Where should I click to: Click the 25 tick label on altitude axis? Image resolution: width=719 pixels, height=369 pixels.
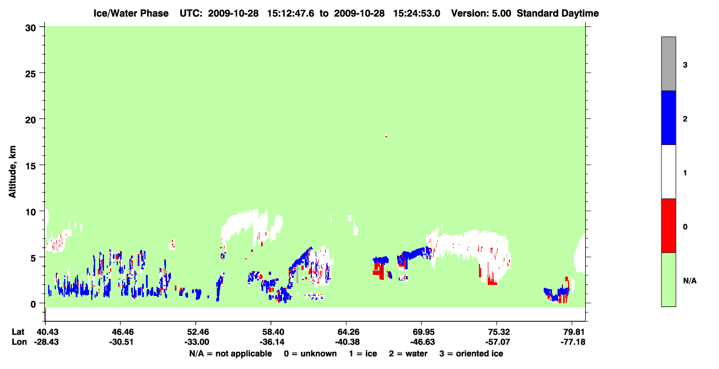(30, 74)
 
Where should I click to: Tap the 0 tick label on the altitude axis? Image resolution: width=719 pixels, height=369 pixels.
(33, 304)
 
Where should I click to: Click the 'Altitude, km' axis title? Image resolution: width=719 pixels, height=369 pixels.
(12, 172)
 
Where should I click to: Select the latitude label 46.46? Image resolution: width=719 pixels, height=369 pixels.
(121, 332)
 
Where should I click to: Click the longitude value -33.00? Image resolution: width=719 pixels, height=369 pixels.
(197, 342)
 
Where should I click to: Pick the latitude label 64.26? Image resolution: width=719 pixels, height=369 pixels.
(347, 332)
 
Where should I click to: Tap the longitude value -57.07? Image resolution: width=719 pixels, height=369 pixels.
(498, 342)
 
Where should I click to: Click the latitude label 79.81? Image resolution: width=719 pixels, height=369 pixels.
(573, 332)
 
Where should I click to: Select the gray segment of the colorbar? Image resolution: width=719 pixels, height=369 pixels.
(669, 64)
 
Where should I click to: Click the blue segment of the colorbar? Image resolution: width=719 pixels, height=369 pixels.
(669, 117)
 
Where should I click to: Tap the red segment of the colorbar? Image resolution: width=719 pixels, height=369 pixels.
(669, 226)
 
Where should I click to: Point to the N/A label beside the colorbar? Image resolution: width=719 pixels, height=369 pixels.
(690, 281)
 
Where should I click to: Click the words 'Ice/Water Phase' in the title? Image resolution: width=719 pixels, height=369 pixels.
(131, 13)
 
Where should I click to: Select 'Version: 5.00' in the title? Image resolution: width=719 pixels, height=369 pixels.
(481, 13)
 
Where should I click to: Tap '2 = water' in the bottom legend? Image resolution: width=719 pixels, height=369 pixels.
(408, 354)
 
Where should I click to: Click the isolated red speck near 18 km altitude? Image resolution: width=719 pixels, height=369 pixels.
(386, 137)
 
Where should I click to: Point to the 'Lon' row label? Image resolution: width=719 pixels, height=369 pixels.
(19, 342)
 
